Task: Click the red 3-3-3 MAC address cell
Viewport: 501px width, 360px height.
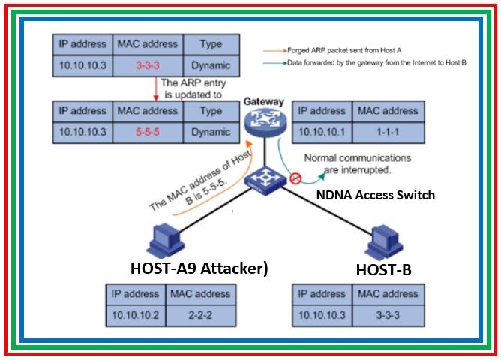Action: pyautogui.click(x=147, y=65)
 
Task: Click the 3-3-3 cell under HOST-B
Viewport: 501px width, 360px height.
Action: pyautogui.click(x=390, y=313)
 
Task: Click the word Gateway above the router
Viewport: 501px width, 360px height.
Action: pyautogui.click(x=262, y=100)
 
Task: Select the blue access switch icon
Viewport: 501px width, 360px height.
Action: pyautogui.click(x=265, y=180)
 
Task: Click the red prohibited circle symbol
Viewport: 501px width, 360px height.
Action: pyautogui.click(x=295, y=179)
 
